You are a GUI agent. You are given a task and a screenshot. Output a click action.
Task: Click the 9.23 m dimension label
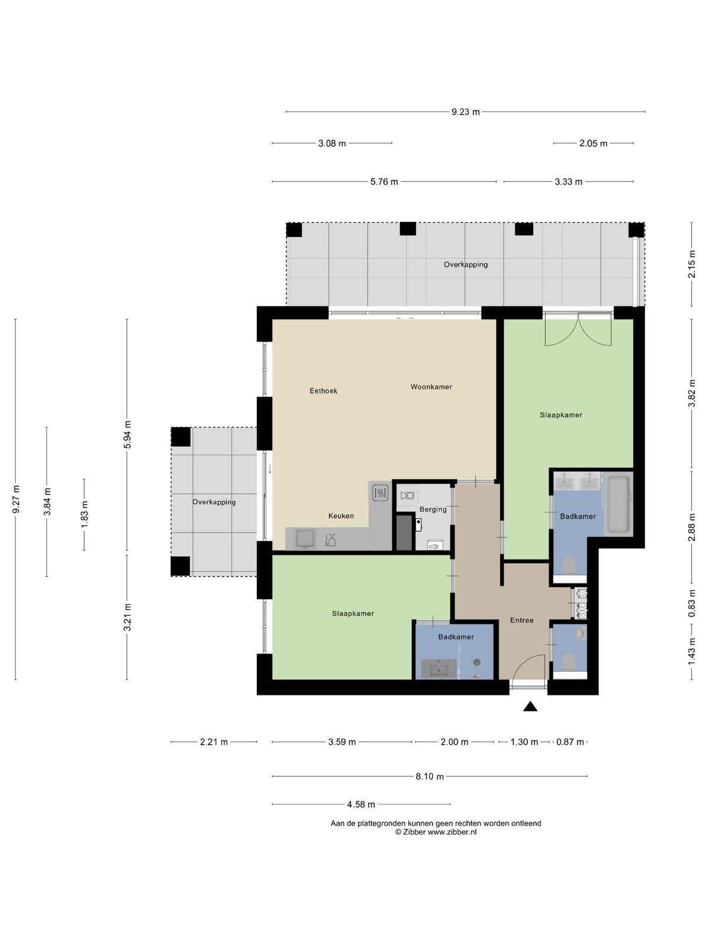(465, 112)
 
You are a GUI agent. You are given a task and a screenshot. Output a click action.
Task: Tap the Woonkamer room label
(431, 387)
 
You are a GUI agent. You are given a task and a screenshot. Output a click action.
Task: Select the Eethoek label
(323, 391)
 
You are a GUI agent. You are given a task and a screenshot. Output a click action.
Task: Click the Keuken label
(341, 516)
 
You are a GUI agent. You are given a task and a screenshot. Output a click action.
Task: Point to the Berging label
(432, 509)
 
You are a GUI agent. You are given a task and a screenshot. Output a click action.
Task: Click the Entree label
(521, 620)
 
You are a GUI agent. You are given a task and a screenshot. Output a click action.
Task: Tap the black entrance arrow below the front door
(530, 706)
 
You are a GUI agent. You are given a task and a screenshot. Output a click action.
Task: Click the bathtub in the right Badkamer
(618, 504)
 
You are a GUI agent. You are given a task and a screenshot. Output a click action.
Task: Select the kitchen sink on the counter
(305, 539)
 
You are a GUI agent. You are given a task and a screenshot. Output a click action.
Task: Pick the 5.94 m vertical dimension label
(127, 434)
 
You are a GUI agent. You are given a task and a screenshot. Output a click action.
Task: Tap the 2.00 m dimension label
(454, 742)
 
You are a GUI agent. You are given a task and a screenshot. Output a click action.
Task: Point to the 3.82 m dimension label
(692, 393)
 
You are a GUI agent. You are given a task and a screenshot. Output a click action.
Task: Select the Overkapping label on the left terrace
(214, 502)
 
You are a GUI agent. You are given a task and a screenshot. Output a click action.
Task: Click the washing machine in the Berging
(407, 495)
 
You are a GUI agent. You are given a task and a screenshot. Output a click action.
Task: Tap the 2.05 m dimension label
(593, 143)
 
